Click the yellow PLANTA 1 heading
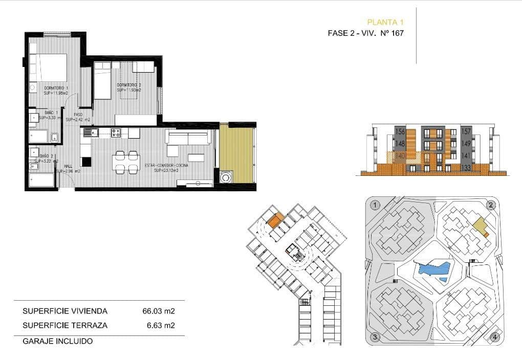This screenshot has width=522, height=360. pyautogui.click(x=386, y=22)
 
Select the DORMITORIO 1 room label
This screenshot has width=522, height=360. pyautogui.click(x=56, y=88)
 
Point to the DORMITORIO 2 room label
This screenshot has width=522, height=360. pyautogui.click(x=129, y=85)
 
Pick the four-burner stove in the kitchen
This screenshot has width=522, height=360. pyautogui.click(x=116, y=133)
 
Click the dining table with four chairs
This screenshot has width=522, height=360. pyautogui.click(x=126, y=162)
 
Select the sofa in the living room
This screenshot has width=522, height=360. pyautogui.click(x=188, y=137)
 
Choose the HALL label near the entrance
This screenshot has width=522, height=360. pyautogui.click(x=68, y=166)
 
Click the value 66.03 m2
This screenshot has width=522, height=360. pyautogui.click(x=159, y=311)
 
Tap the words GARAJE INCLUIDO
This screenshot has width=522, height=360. pyautogui.click(x=58, y=341)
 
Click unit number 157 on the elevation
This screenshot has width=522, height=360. pyautogui.click(x=466, y=131)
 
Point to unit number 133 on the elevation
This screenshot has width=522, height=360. pyautogui.click(x=466, y=168)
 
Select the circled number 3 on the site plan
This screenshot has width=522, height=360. pyautogui.click(x=375, y=337)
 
